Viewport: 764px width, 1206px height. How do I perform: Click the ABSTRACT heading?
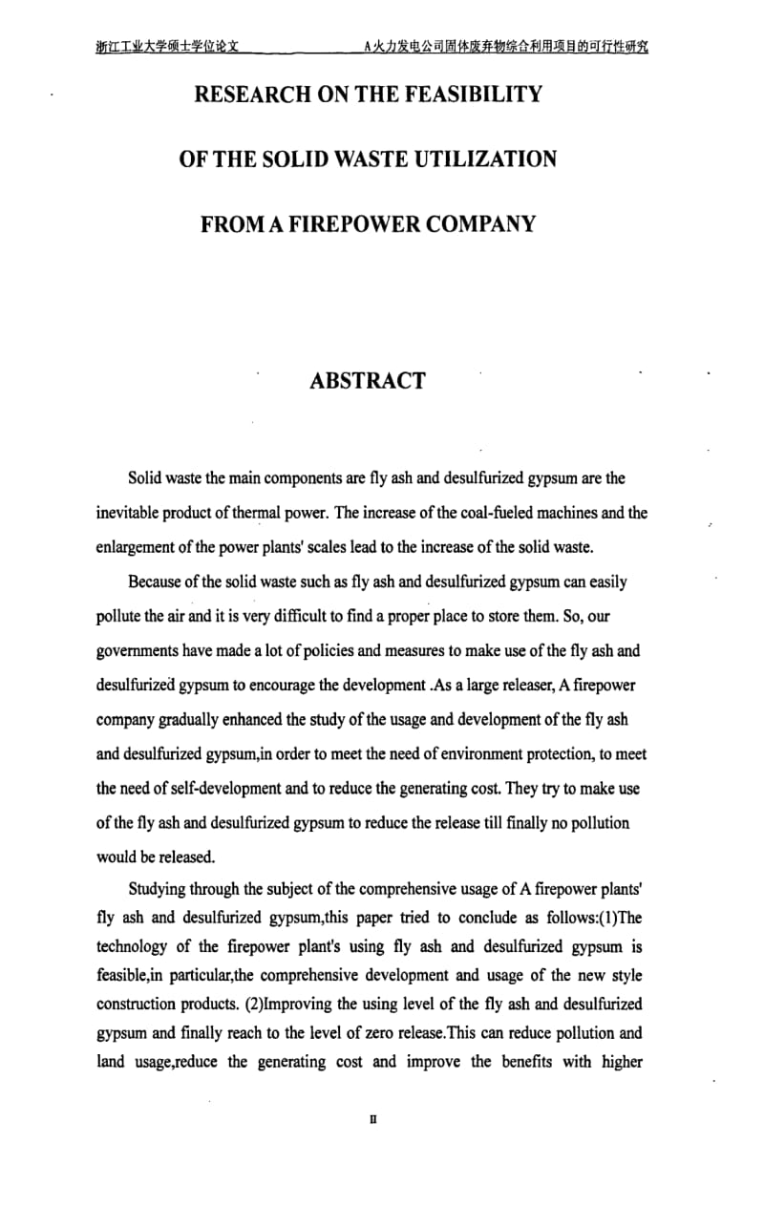click(x=368, y=380)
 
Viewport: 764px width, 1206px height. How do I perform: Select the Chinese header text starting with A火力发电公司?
click(x=506, y=46)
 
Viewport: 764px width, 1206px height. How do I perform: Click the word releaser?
click(x=538, y=685)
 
